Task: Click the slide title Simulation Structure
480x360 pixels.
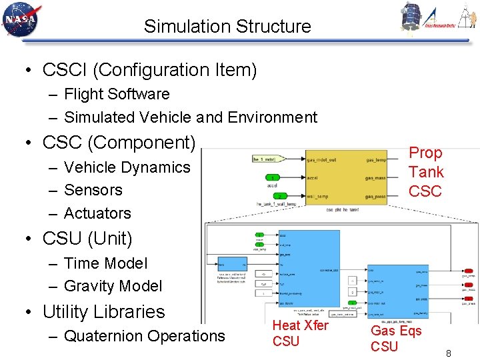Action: pos(227,27)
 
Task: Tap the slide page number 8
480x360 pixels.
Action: pos(448,353)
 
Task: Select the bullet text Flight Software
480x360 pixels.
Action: pos(117,94)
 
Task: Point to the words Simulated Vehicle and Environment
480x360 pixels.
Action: pos(190,117)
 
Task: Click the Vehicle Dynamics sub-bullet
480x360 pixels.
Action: pos(127,167)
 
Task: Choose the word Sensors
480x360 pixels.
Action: pos(93,190)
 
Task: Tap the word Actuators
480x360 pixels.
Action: pos(97,213)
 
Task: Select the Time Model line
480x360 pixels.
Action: pos(105,263)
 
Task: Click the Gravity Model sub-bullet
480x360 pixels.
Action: pos(113,286)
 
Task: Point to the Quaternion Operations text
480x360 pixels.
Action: pos(144,336)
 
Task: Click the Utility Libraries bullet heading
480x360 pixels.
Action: pos(103,311)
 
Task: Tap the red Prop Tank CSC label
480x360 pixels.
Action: pos(425,172)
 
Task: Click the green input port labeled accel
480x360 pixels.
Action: pos(274,177)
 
